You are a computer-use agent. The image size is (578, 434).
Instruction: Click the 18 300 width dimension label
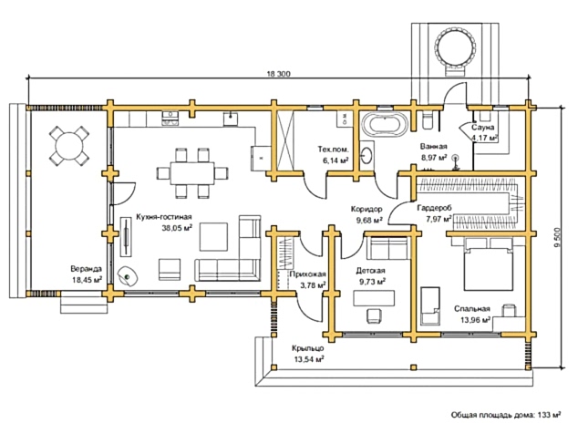pyautogui.click(x=278, y=73)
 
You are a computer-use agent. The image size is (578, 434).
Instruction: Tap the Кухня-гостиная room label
pyautogui.click(x=163, y=217)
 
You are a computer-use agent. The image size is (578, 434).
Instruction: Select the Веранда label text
pyautogui.click(x=87, y=269)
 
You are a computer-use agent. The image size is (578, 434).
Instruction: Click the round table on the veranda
pyautogui.click(x=68, y=144)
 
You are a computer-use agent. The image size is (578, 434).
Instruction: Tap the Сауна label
pyautogui.click(x=482, y=129)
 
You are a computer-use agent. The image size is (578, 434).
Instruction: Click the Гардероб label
pyautogui.click(x=434, y=208)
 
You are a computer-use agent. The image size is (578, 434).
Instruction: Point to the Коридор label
pyautogui.click(x=367, y=209)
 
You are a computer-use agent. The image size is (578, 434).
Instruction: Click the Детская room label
pyautogui.click(x=370, y=272)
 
